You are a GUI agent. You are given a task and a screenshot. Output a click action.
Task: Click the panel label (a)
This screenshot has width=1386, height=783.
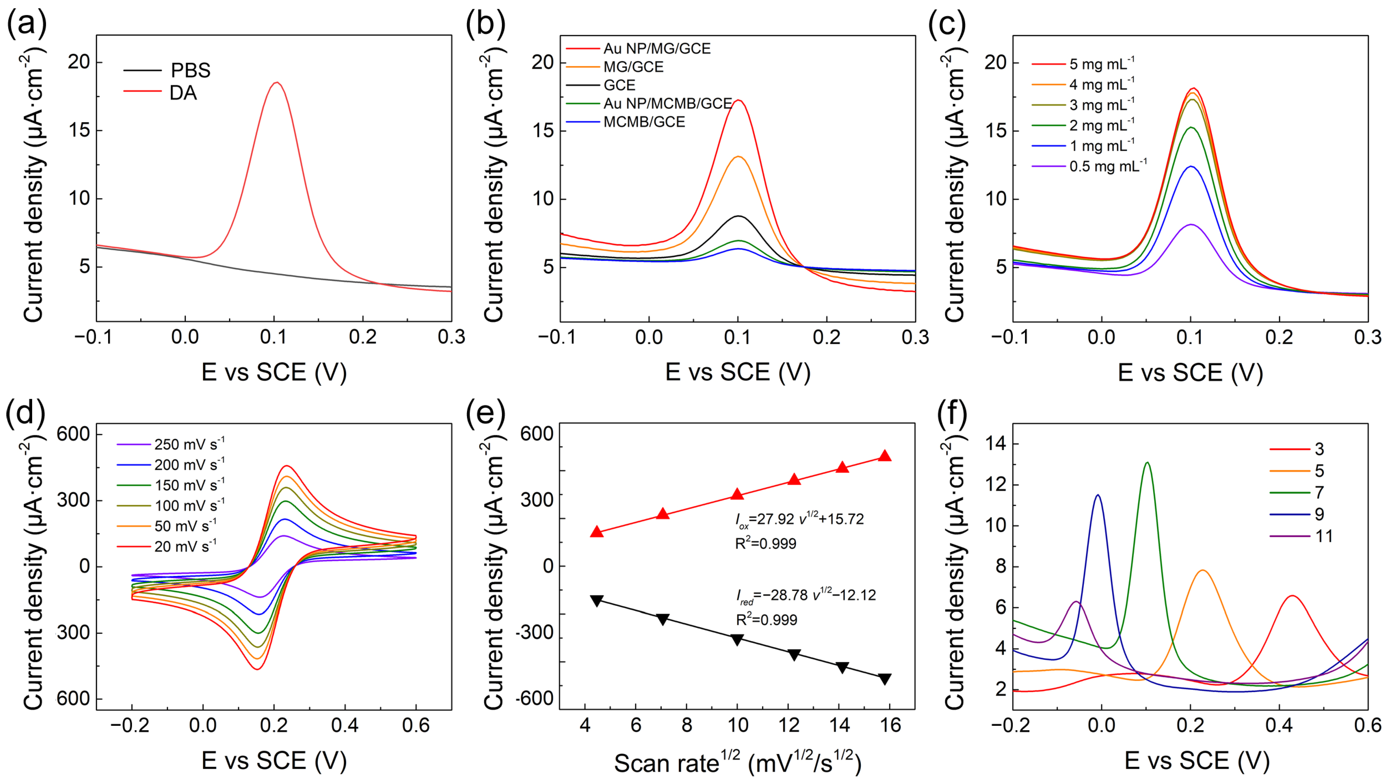[26, 24]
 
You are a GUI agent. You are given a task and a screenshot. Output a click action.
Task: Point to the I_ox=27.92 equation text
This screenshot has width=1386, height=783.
[799, 519]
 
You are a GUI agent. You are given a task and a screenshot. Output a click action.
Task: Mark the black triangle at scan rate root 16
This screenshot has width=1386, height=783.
[885, 679]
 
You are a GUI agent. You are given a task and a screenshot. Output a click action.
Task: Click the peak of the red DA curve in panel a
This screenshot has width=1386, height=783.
[276, 83]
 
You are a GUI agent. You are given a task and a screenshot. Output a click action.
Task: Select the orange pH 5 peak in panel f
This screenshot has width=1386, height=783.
[1199, 571]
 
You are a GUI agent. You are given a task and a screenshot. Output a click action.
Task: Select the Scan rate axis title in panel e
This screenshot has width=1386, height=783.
[737, 763]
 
